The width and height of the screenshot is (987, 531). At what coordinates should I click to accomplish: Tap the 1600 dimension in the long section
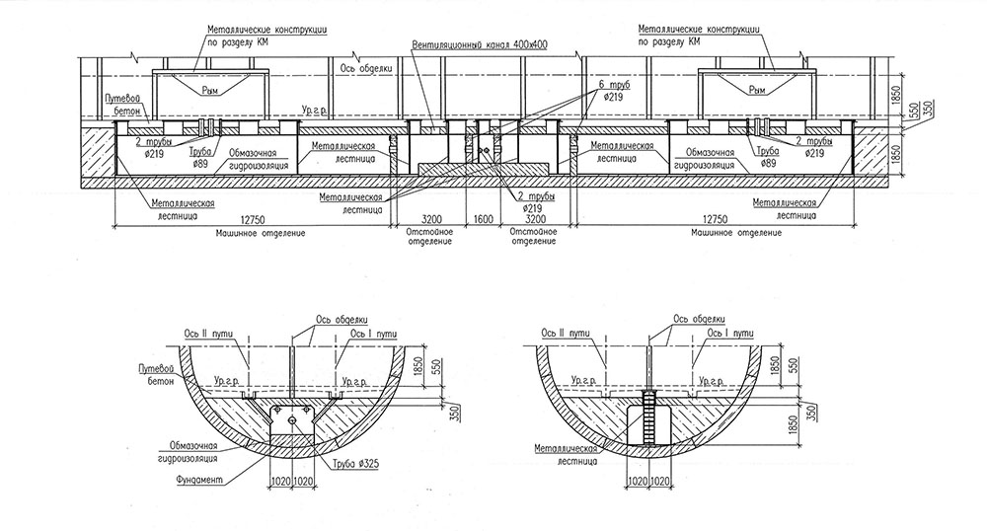[484, 219]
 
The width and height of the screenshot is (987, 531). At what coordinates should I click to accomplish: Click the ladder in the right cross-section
[649, 418]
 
